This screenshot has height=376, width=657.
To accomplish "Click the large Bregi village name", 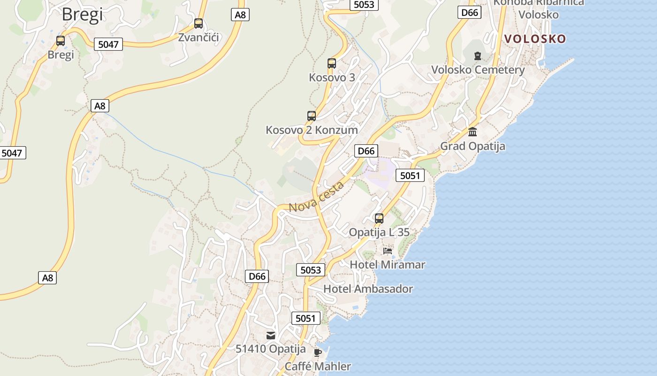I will [82, 15].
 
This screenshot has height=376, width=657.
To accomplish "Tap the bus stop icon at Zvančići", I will [199, 23].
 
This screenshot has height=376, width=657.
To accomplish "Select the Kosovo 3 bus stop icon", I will [332, 63].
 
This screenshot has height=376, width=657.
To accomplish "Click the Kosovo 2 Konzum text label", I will [312, 130].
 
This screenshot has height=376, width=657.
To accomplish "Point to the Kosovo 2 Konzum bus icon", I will [311, 116].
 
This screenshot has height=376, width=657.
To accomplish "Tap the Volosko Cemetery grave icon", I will [478, 56].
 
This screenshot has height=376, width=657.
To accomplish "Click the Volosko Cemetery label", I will [478, 70].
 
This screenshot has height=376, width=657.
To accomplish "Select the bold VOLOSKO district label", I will [535, 39].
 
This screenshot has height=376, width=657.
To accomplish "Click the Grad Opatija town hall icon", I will [473, 132].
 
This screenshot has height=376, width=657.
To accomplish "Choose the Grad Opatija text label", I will [473, 146].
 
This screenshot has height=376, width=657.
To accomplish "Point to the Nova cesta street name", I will [316, 197].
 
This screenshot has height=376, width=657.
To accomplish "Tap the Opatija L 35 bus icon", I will [379, 219].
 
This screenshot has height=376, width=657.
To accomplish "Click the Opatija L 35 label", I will [379, 232].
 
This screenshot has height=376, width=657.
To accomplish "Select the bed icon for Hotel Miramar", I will [388, 251].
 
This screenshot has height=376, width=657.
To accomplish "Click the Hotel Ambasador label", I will [368, 289].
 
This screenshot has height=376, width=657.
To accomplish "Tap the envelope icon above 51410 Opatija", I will [271, 336].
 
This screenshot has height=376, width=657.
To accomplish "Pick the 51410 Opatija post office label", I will [271, 349].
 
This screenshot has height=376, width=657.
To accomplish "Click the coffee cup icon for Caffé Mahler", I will [318, 352].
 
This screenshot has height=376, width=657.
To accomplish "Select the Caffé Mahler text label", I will [318, 366].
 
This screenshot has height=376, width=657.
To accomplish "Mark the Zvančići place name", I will [199, 38].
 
